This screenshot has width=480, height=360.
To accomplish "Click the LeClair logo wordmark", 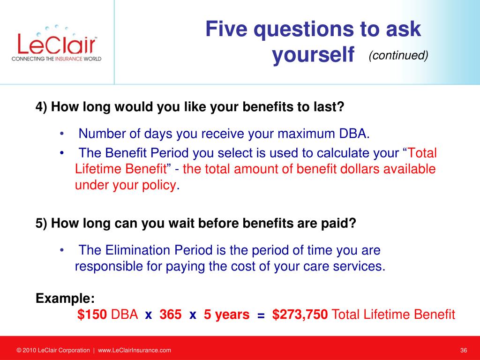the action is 57,44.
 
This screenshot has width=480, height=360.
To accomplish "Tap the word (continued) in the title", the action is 398,55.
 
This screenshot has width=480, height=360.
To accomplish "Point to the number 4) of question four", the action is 41,107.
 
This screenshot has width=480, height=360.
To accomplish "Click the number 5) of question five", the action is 41,223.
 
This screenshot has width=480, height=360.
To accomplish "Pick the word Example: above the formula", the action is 65,298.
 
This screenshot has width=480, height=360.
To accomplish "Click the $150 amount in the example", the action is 92,315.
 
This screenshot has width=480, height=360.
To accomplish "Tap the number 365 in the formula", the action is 171,315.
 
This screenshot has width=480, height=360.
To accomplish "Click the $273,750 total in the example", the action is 300,315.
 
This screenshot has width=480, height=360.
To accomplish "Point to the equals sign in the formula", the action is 261,315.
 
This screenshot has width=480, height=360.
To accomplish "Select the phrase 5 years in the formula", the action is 226,315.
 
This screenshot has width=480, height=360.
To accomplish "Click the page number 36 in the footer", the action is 464,350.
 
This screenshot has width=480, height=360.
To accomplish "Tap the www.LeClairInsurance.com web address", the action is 135,350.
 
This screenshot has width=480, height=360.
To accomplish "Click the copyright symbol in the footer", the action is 19,350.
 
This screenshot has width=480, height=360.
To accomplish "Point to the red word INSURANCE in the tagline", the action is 69,59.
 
